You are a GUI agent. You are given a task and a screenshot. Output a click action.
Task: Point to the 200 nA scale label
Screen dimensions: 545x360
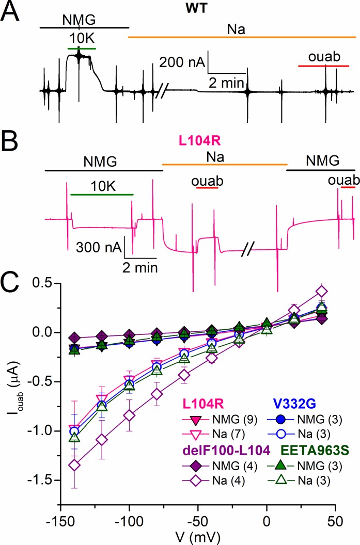coord(181,62)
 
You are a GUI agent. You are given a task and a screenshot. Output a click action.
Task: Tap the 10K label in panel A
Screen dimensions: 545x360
coord(81,40)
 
